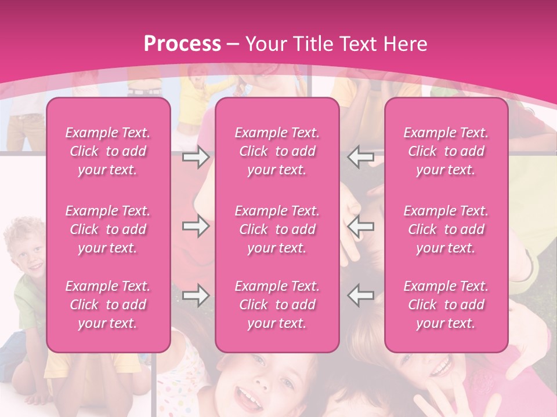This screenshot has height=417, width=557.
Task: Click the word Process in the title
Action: tap(182, 44)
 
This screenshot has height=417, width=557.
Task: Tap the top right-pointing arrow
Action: tap(196, 157)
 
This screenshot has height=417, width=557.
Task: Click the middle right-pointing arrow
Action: tap(196, 226)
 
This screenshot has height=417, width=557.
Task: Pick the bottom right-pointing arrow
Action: tap(196, 295)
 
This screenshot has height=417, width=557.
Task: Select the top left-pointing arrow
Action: tap(361, 157)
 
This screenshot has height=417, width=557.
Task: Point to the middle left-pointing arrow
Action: tap(361, 226)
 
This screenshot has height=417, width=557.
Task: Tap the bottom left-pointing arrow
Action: tap(361, 295)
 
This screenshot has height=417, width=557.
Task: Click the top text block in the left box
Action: tap(108, 151)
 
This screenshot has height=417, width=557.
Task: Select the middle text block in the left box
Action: tap(108, 229)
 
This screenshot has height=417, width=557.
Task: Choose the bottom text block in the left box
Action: tap(108, 305)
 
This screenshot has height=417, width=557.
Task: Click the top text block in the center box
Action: tap(277, 151)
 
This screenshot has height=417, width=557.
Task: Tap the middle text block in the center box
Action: tap(277, 229)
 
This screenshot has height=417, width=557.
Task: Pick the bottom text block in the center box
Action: tap(277, 305)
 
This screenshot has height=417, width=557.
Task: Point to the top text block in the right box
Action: tap(446, 151)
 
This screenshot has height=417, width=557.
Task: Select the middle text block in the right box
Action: tap(446, 229)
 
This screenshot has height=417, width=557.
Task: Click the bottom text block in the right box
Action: tap(446, 305)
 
